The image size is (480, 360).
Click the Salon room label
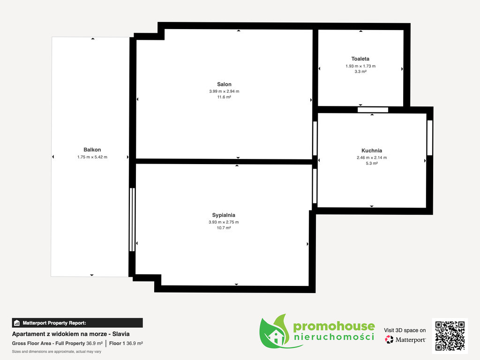(x=224, y=84)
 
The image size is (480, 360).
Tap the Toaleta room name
(x=360, y=59)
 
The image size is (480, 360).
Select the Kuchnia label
(x=372, y=150)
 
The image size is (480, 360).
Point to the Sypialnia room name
(x=224, y=215)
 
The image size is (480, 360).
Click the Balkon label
(x=92, y=150)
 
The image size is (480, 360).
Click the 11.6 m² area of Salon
(x=224, y=97)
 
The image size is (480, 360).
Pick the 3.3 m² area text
(x=360, y=72)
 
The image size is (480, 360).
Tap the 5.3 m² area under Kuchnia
(x=372, y=164)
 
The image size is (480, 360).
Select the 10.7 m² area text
(x=224, y=228)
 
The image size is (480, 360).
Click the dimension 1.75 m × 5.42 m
(x=92, y=157)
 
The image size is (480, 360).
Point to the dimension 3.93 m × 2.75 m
(x=224, y=222)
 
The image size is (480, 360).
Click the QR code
(x=450, y=336)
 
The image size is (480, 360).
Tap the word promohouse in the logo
(x=334, y=326)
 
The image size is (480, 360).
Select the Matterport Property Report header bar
(x=77, y=323)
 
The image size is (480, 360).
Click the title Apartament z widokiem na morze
(x=60, y=334)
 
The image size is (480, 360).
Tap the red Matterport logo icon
(x=389, y=339)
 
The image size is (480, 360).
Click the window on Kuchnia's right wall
(x=430, y=138)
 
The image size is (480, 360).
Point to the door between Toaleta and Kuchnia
(x=373, y=110)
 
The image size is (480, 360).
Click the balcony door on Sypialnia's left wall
(x=132, y=219)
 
